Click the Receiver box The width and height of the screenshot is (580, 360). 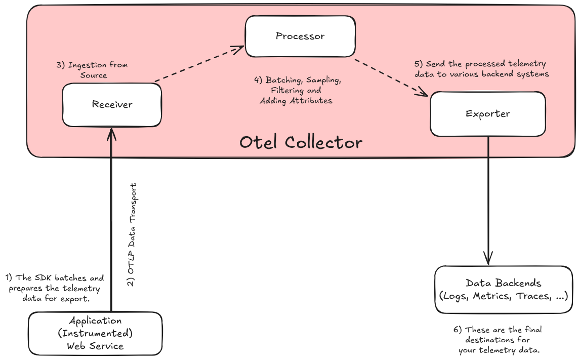[x=112, y=105]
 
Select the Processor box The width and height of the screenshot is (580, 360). [x=300, y=36]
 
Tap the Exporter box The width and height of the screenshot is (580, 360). [x=487, y=114]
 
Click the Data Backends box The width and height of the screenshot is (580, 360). [x=504, y=290]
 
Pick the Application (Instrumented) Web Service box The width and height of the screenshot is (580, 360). [x=95, y=333]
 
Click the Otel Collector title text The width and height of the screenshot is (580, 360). [x=301, y=142]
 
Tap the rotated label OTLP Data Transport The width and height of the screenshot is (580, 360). [x=132, y=235]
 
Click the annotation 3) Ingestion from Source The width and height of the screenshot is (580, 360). [x=92, y=70]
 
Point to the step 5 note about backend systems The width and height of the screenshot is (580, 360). [x=481, y=69]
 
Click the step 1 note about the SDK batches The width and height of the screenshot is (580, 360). [x=55, y=288]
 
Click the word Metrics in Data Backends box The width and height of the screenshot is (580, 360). [x=491, y=296]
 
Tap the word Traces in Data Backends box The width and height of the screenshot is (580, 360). [x=533, y=296]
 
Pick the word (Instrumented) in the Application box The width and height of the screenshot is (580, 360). [x=95, y=334]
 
